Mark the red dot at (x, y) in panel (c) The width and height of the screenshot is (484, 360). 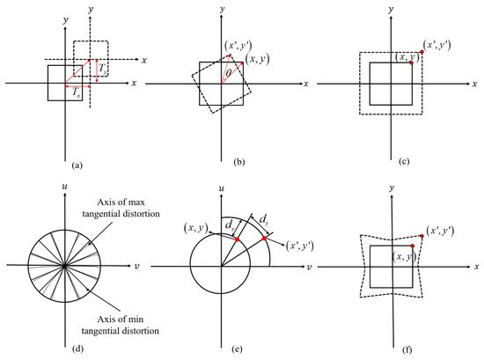(411, 63)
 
